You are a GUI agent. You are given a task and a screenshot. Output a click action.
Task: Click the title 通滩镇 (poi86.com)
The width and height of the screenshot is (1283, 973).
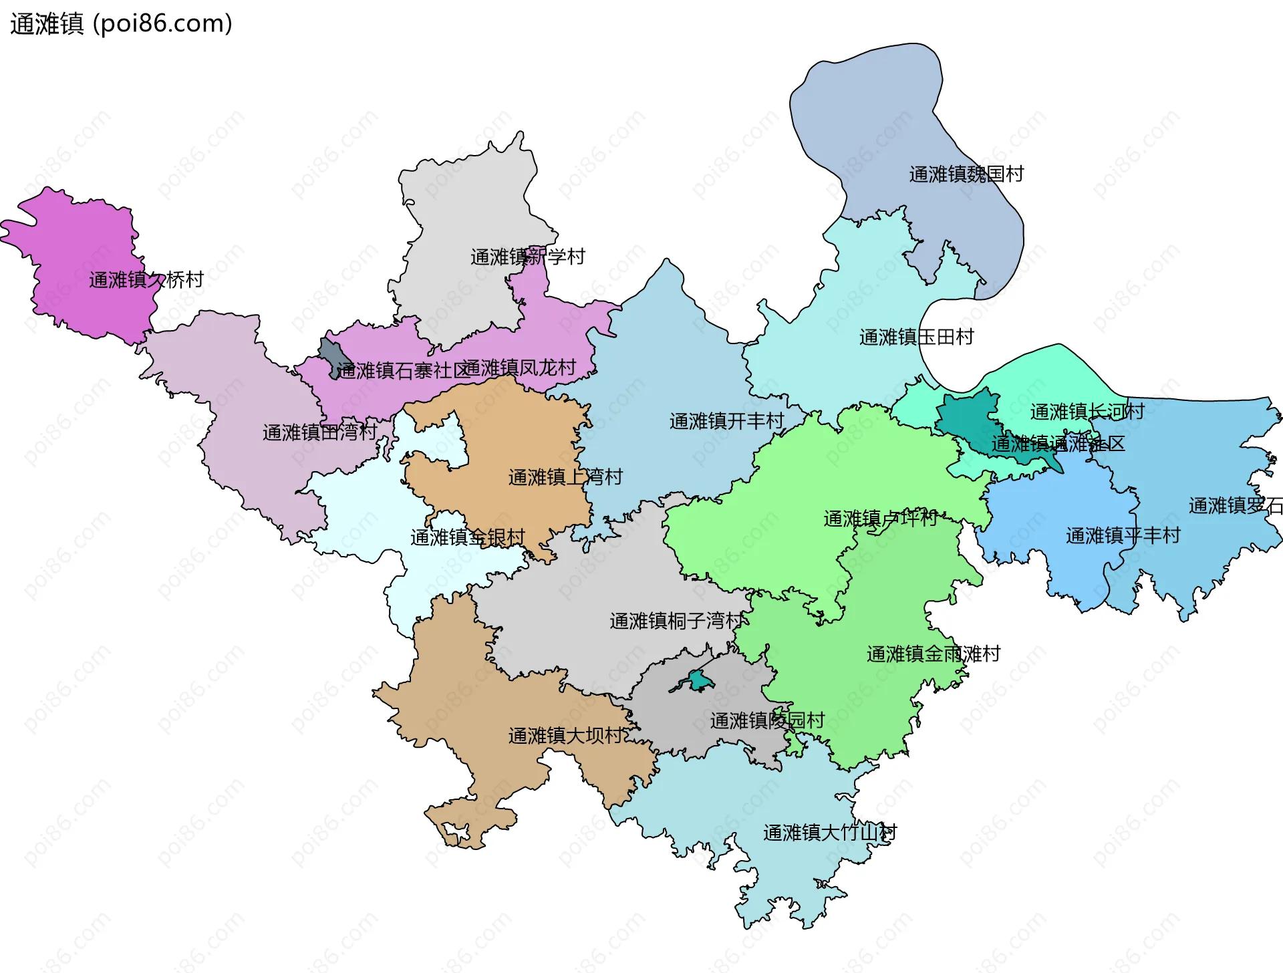click(121, 24)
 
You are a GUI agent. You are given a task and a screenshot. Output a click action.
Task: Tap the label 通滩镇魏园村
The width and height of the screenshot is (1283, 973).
click(966, 174)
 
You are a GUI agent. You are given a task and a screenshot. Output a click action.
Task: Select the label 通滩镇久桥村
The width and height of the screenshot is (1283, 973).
click(146, 280)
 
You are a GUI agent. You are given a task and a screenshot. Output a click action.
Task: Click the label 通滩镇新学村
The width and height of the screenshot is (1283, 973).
click(528, 257)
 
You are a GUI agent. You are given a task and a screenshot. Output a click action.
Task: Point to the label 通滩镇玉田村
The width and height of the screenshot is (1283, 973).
click(916, 337)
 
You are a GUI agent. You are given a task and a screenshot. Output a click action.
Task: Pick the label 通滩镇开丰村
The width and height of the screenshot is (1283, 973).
click(726, 421)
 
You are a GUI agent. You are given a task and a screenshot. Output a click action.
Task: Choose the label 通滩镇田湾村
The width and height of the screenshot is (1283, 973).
click(319, 432)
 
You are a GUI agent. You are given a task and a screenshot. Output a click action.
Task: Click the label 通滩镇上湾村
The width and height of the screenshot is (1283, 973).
click(565, 477)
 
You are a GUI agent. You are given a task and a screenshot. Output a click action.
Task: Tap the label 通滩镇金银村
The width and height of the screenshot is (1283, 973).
click(468, 537)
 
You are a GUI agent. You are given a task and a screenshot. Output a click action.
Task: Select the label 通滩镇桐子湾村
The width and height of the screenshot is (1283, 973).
click(676, 621)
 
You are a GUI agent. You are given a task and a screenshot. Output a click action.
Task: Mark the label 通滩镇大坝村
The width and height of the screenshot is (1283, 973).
click(567, 736)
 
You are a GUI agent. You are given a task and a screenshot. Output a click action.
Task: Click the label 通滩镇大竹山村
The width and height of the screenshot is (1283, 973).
click(829, 833)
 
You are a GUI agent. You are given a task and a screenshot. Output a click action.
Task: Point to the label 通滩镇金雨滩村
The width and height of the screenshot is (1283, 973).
click(934, 654)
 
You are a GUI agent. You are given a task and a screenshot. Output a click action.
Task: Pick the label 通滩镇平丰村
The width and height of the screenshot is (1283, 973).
click(1123, 535)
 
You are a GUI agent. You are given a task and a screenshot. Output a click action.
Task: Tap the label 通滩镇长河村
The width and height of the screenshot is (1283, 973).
click(1087, 412)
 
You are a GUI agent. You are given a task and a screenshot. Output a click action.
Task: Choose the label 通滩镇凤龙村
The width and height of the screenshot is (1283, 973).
click(519, 368)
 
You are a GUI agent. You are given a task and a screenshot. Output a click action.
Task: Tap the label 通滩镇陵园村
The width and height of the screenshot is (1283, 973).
click(767, 720)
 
